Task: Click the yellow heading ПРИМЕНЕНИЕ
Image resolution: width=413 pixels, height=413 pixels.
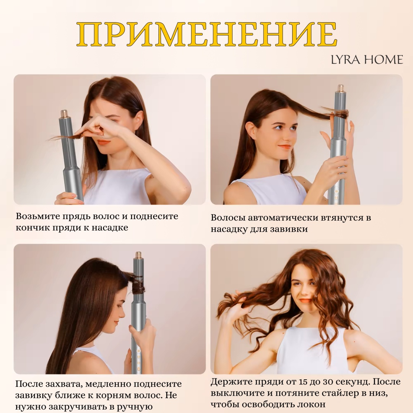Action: [207, 34]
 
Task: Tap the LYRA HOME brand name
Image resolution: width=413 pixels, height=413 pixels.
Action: [367, 60]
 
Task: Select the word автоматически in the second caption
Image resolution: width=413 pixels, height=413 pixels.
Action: [283, 218]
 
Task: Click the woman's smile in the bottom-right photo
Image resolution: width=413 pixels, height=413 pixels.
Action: [305, 300]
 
